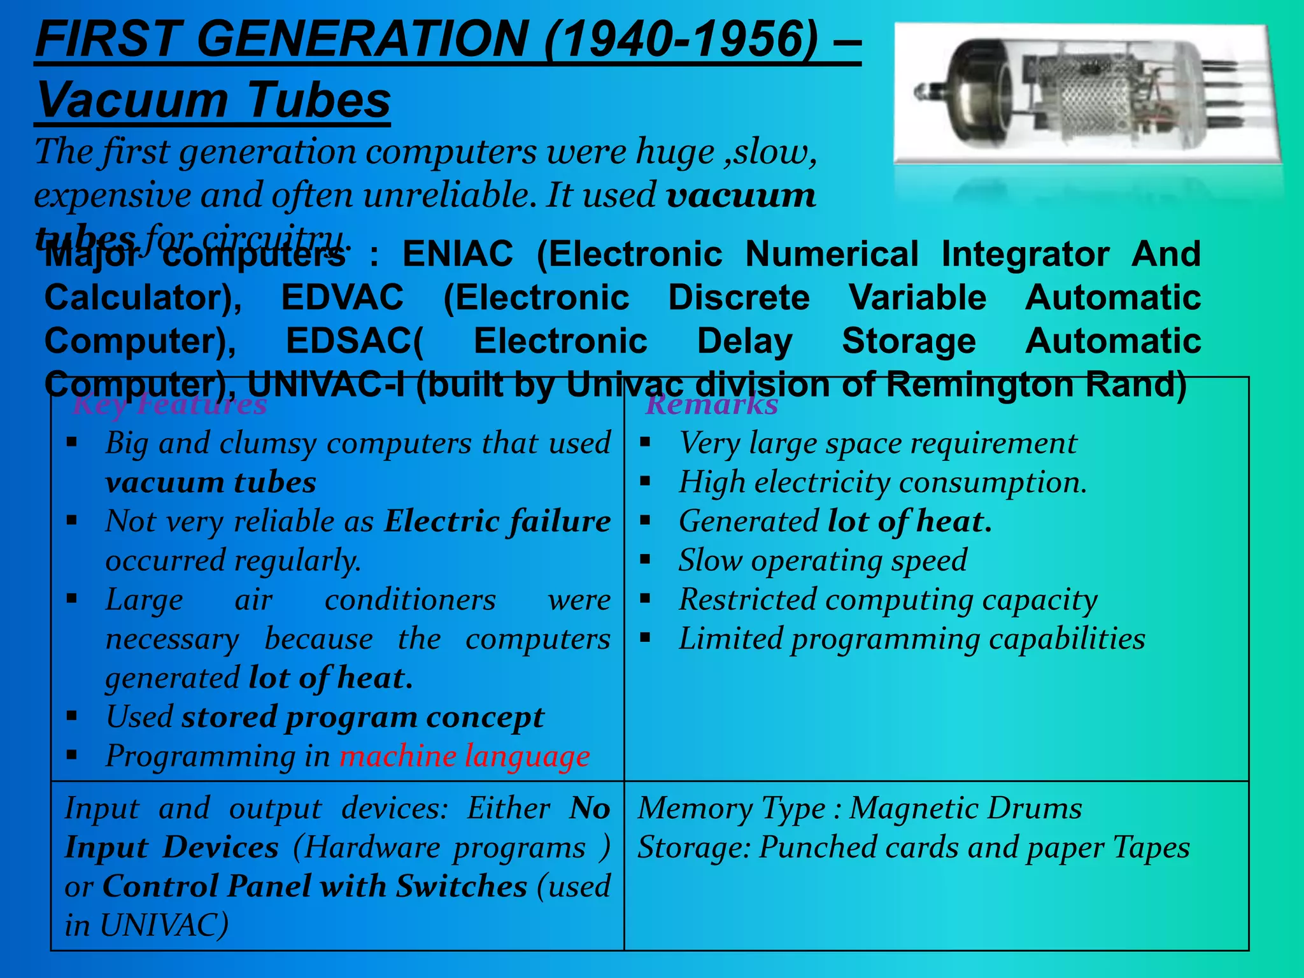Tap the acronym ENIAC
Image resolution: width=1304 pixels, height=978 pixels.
click(458, 254)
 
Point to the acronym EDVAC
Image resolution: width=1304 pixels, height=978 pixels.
click(343, 297)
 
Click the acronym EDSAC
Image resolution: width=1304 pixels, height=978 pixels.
click(354, 341)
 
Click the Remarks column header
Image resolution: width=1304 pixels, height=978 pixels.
click(711, 404)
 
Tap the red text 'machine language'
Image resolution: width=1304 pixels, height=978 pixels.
click(464, 756)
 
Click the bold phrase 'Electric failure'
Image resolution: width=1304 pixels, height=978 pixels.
click(497, 521)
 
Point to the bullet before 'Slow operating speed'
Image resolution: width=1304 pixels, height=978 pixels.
click(646, 560)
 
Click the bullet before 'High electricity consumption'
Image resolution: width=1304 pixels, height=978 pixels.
click(646, 481)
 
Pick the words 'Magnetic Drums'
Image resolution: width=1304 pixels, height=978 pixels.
click(965, 808)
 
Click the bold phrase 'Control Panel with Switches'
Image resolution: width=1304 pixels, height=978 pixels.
click(315, 886)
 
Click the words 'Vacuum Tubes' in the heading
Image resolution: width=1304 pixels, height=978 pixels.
click(213, 100)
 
